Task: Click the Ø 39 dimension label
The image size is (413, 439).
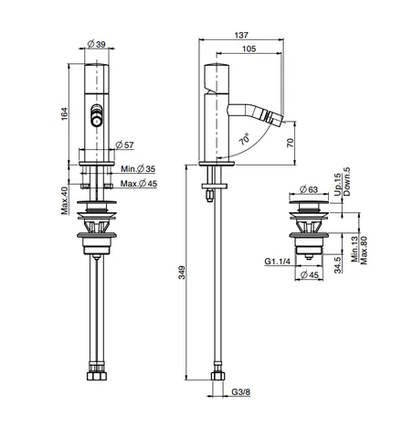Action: click(x=96, y=44)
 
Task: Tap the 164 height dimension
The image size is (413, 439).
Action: click(x=65, y=113)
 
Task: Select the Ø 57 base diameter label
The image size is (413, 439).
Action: click(x=124, y=145)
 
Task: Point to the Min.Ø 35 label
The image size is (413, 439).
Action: click(x=138, y=168)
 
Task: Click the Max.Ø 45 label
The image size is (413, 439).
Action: click(x=139, y=184)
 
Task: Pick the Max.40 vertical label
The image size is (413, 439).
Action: click(x=64, y=200)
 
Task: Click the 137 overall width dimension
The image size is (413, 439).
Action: click(x=241, y=36)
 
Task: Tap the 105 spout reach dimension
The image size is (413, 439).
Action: click(x=249, y=48)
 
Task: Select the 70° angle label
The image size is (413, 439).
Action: click(x=245, y=139)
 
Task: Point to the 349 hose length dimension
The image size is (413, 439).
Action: click(x=182, y=273)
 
